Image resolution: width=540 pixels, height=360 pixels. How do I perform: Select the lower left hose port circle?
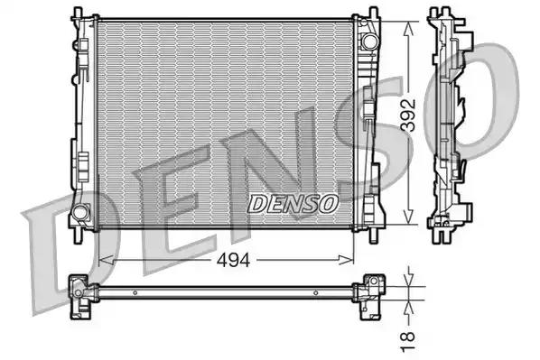[79, 214]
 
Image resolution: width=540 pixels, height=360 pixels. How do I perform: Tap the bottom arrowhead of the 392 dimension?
[412, 222]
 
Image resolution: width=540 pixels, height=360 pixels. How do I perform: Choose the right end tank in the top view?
[368, 291]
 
